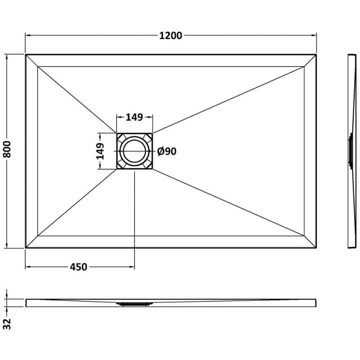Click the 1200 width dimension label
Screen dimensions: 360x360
[171, 36]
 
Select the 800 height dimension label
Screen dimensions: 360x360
[7, 149]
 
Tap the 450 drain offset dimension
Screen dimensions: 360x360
[78, 267]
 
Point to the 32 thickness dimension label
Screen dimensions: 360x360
[8, 324]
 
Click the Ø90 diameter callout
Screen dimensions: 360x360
[167, 151]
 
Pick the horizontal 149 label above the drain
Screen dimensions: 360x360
[134, 117]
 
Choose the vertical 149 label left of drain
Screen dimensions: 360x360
[100, 151]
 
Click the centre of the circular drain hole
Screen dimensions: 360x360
[134, 151]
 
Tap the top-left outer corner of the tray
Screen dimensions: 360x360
[26, 54]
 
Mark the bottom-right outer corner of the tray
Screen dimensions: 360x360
[316, 248]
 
